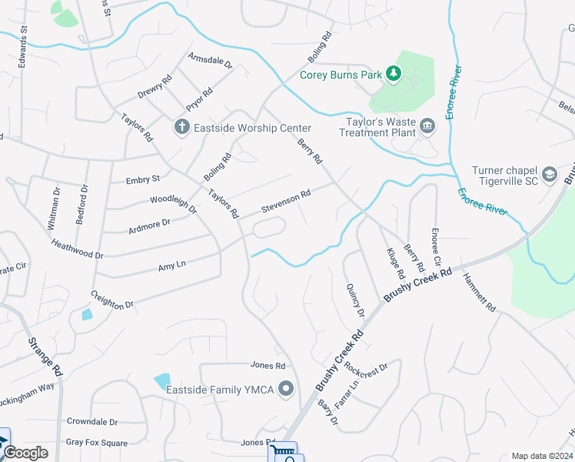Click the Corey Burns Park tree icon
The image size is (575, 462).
(394, 74)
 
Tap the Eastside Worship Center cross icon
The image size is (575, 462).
(181, 127)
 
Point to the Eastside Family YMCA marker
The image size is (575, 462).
(287, 389)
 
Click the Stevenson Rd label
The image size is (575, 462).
(286, 202)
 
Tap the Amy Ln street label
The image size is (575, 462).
(172, 266)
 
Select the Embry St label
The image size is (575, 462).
(143, 179)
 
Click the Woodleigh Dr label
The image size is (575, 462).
(174, 204)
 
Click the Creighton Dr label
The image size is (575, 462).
(111, 300)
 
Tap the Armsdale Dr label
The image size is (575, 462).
(210, 61)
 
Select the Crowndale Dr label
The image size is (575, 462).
(92, 422)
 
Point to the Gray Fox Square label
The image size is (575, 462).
(96, 442)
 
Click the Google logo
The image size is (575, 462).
(25, 453)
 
